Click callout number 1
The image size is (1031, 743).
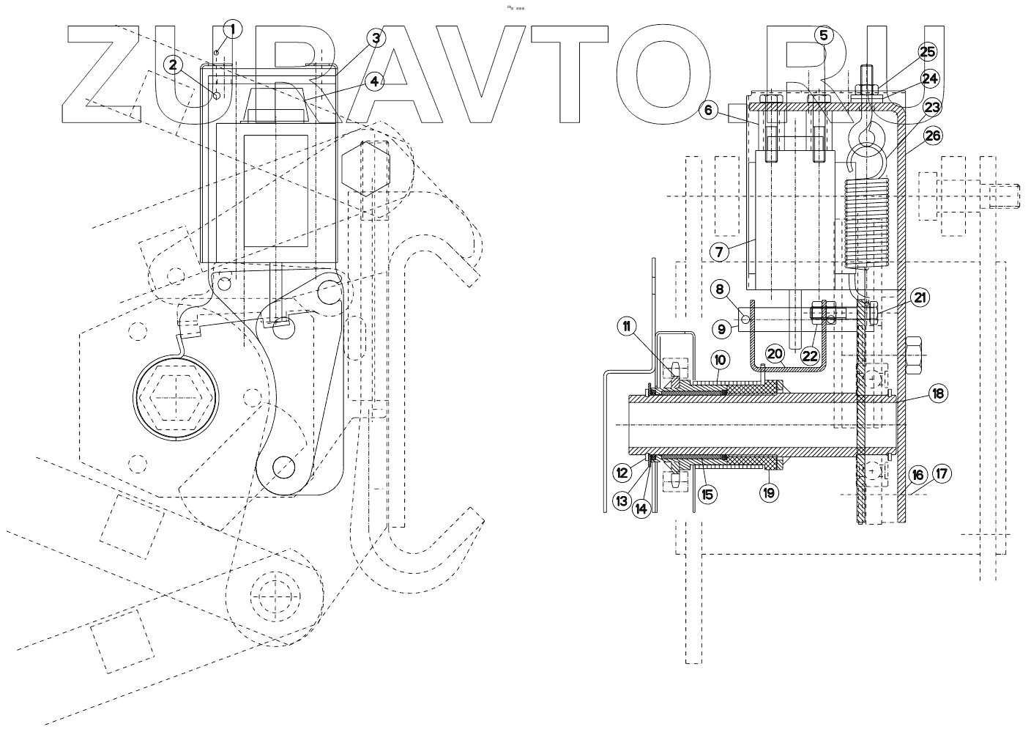tap(234, 29)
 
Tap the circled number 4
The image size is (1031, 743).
tap(374, 81)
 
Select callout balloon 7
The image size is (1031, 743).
tap(719, 252)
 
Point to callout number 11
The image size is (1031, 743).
tap(627, 327)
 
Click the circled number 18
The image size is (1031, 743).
tap(937, 393)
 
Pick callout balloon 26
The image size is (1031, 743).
tap(933, 136)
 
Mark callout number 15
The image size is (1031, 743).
tap(707, 494)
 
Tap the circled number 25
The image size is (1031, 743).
tap(927, 51)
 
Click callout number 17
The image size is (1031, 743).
tap(942, 474)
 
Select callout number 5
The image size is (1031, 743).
tap(823, 34)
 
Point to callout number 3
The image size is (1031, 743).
tap(376, 37)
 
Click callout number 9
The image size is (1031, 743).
tap(722, 330)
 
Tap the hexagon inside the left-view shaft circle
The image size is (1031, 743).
tap(176, 398)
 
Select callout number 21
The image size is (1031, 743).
tap(920, 297)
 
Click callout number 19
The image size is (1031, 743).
tap(768, 493)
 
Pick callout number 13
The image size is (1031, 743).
tap(622, 501)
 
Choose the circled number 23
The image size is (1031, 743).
tap(931, 107)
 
